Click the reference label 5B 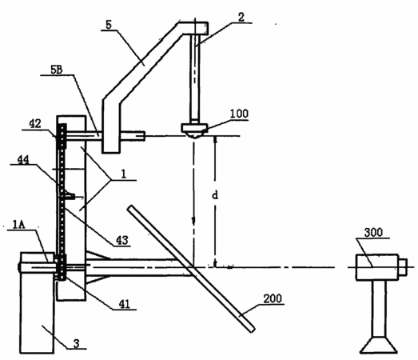(x=56, y=70)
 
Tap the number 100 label (x=239, y=114)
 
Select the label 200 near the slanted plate (x=273, y=298)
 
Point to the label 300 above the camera (x=373, y=233)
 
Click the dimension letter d (x=215, y=195)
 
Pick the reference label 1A (x=18, y=225)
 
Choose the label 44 (x=23, y=159)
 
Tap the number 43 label (x=122, y=241)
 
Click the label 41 (x=124, y=304)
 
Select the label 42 (x=35, y=124)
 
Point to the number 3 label (x=77, y=343)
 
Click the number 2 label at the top (x=241, y=18)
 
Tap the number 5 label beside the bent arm (x=109, y=25)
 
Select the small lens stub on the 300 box (x=403, y=267)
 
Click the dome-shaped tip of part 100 (x=195, y=135)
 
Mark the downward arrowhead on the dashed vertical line (x=193, y=222)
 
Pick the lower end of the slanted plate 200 (x=253, y=330)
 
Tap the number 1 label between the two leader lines (x=123, y=174)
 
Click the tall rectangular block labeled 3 (x=38, y=302)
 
